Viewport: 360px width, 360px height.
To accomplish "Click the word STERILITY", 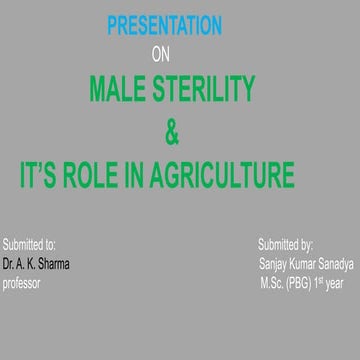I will [211, 94].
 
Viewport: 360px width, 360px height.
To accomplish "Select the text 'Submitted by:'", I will [286, 244].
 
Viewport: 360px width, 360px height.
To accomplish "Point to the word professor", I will [24, 284].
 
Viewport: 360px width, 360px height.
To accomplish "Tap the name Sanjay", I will [274, 265].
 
